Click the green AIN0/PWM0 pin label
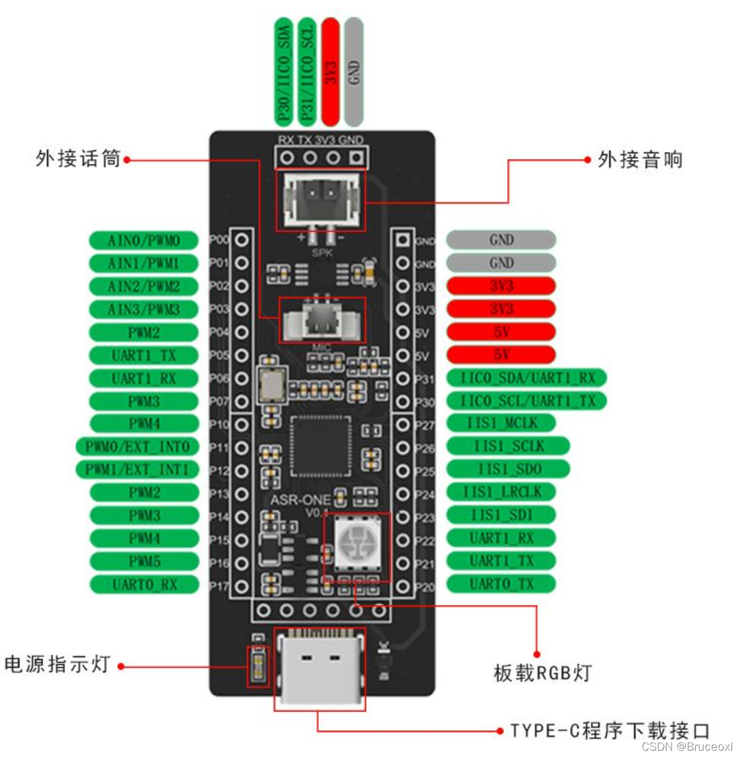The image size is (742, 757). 143,240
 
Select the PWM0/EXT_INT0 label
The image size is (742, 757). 137,447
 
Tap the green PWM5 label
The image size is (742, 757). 144,561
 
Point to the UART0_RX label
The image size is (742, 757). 144,584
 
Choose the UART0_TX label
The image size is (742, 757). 501,584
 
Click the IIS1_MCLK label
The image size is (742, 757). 501,423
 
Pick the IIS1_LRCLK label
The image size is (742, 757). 501,492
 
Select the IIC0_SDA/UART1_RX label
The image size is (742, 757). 526,378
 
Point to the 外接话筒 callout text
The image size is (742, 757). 78,159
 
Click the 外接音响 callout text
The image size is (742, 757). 640,160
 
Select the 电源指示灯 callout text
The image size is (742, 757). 57,664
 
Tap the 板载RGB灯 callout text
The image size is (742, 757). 542,673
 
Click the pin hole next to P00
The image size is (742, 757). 242,240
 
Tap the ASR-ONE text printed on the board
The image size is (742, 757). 300,500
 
